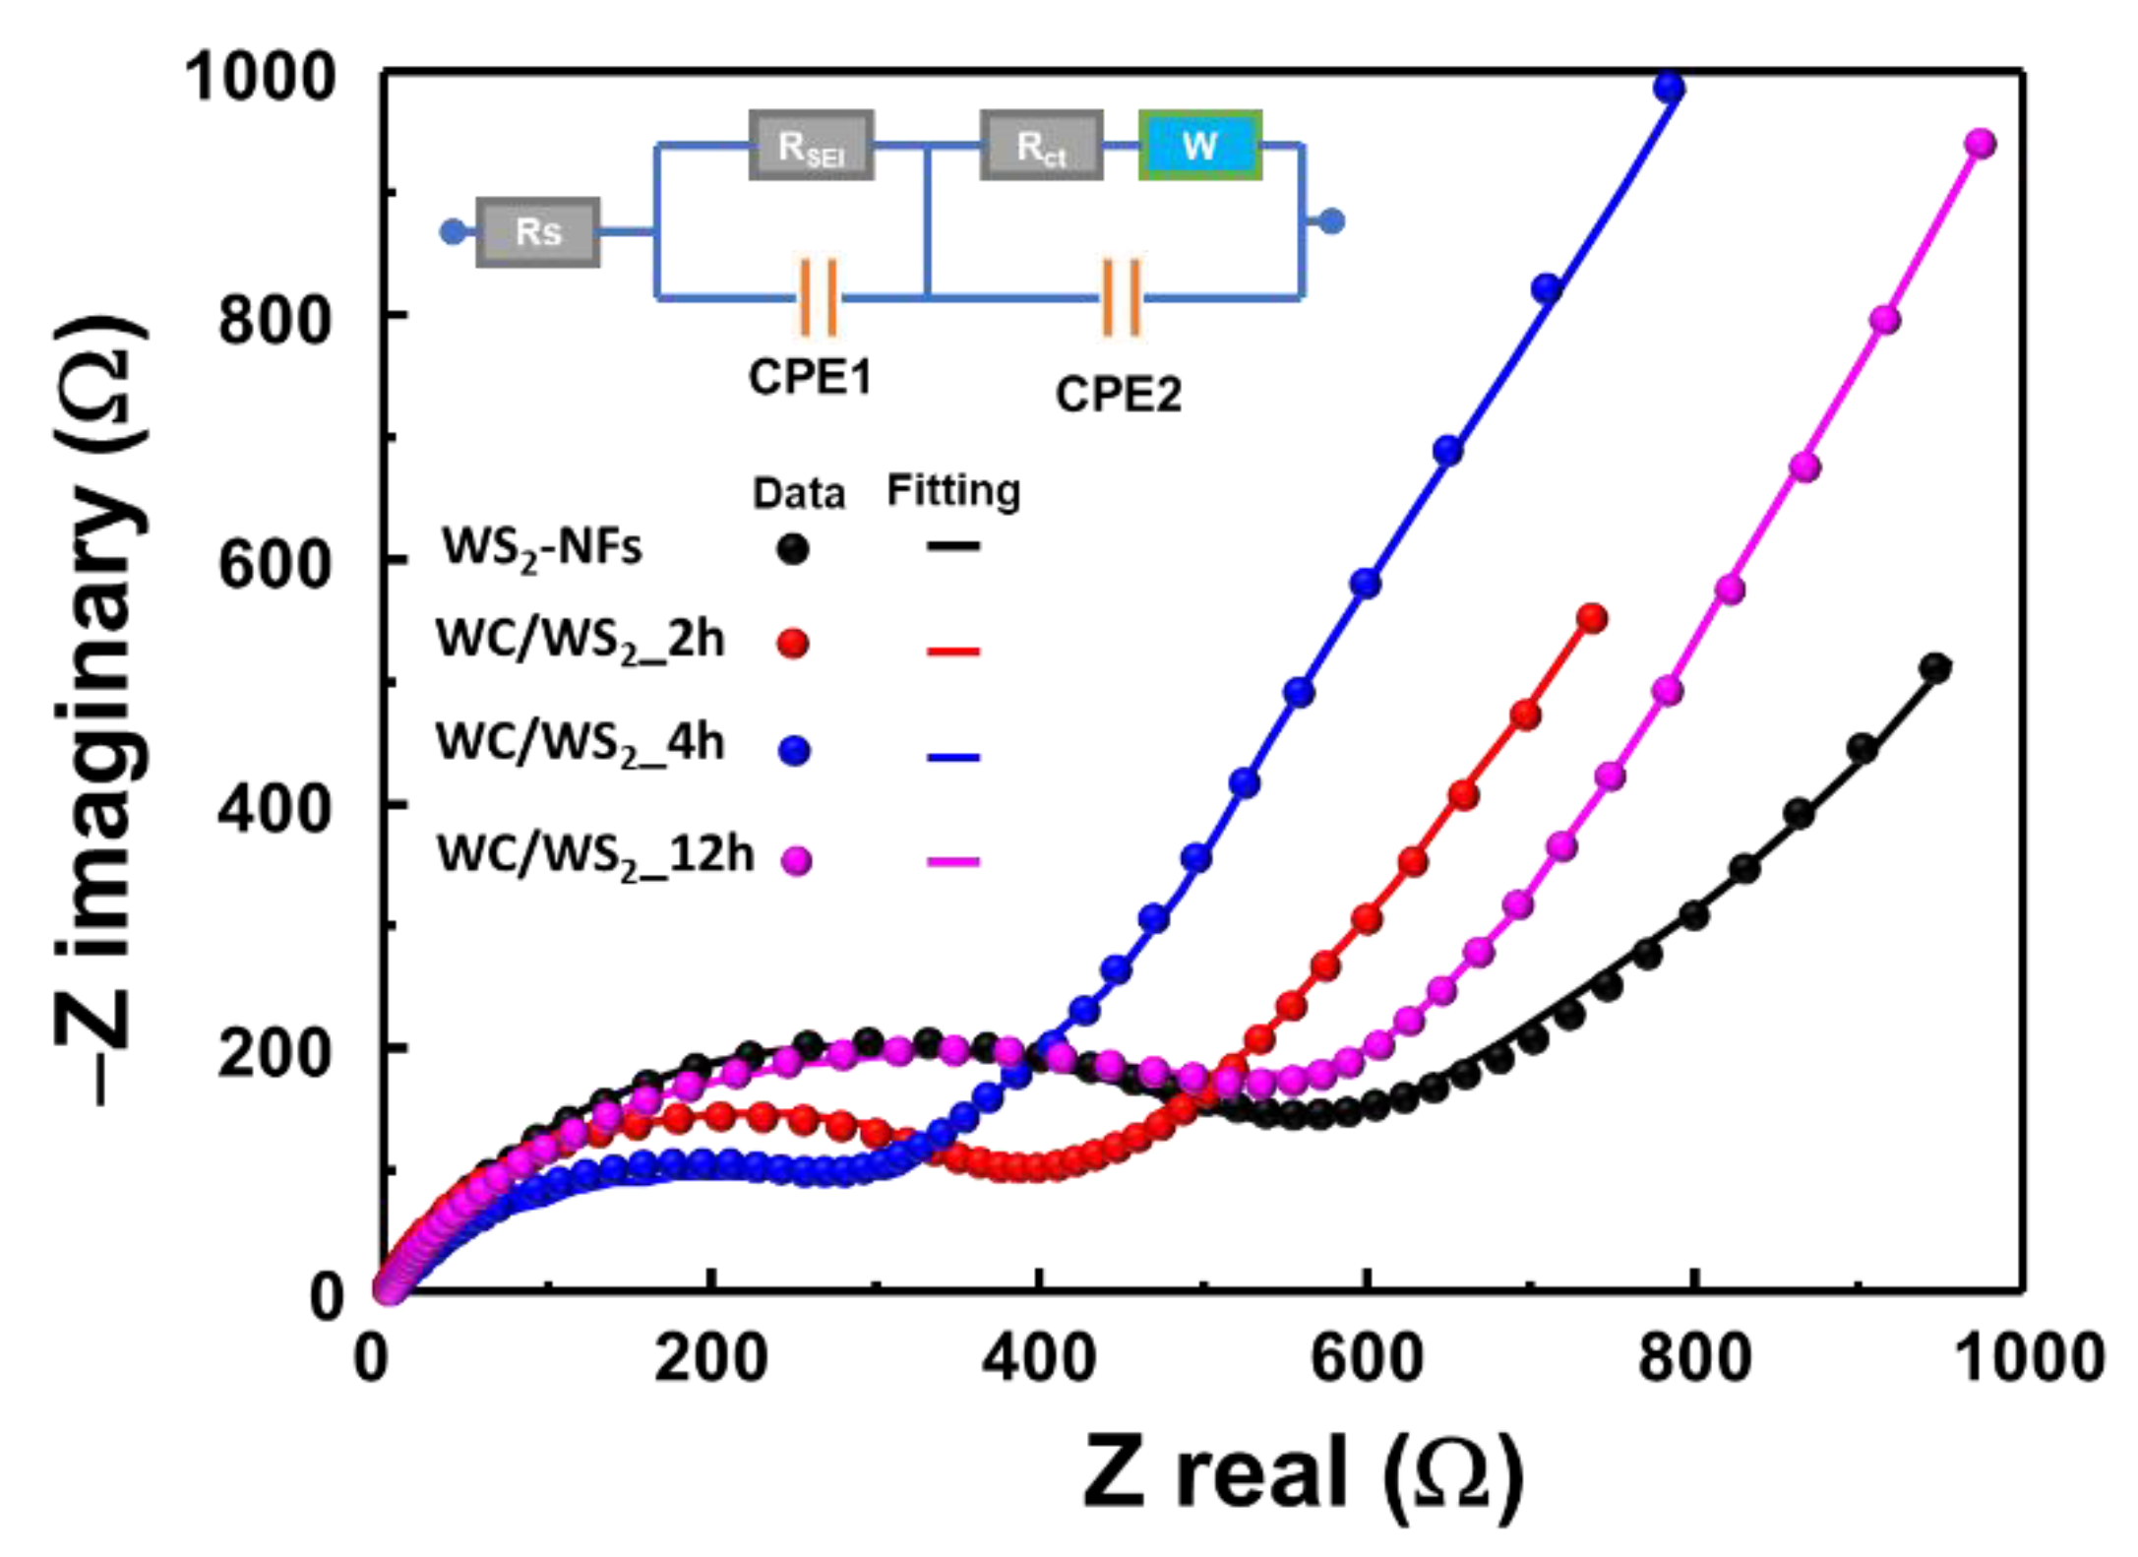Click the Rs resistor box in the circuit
[537, 232]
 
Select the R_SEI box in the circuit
[811, 146]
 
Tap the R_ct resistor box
[1041, 146]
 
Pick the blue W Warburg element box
[1199, 146]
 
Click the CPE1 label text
[810, 377]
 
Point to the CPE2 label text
[1118, 395]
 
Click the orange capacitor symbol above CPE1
[818, 296]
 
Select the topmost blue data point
[1669, 89]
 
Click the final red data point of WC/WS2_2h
[1592, 618]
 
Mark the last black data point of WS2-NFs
[1935, 668]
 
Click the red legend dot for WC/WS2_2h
[793, 645]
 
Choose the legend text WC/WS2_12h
[594, 854]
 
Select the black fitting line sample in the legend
[952, 546]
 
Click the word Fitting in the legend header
[952, 490]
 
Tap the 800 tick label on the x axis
[1693, 1358]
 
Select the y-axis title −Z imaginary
[98, 709]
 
